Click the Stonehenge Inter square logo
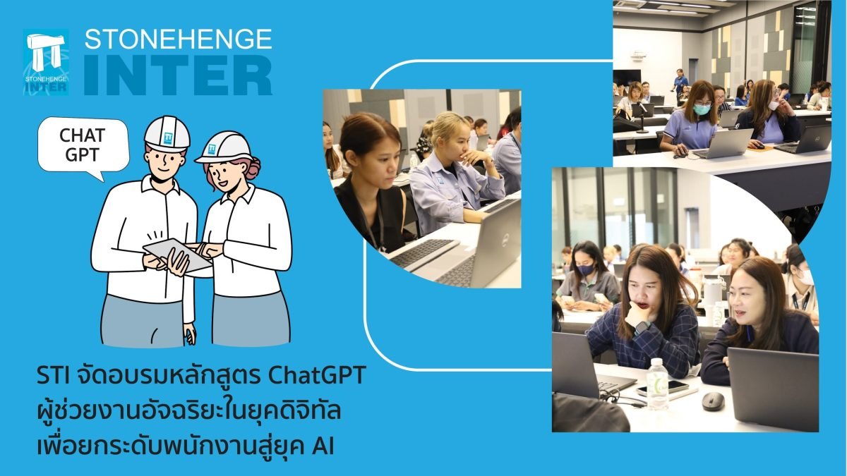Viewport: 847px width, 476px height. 46,62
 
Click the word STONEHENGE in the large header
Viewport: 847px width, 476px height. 178,39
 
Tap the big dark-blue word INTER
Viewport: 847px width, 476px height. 178,75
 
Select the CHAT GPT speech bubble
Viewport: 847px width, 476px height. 83,147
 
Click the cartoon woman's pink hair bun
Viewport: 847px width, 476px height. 252,168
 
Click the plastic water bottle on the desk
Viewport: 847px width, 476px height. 657,384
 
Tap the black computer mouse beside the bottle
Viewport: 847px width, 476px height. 713,401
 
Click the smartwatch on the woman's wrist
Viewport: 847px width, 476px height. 642,327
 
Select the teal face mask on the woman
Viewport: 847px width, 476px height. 702,109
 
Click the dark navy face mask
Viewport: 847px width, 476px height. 585,269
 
